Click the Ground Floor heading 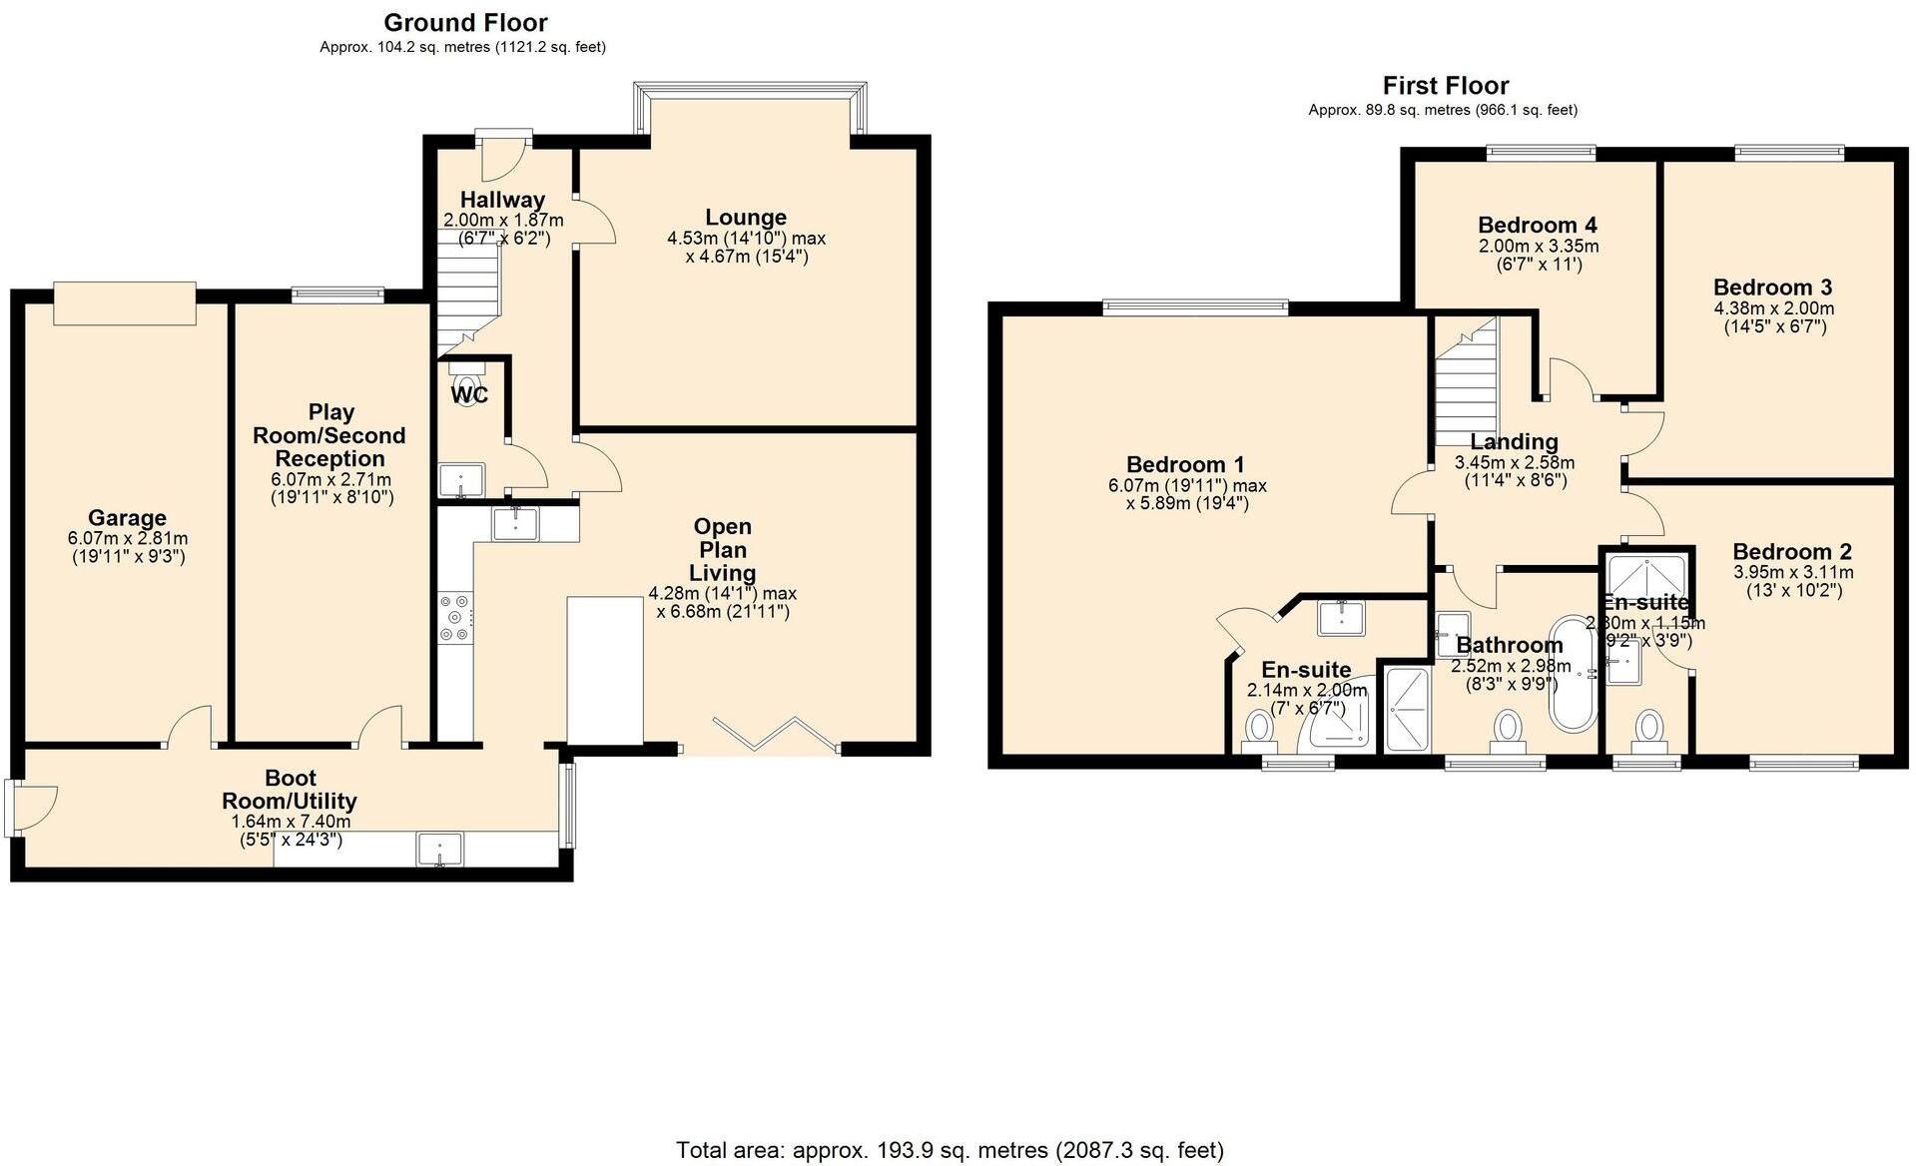tap(465, 22)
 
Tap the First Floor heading tap(1445, 86)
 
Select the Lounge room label tap(746, 218)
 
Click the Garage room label tap(127, 518)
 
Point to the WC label tap(469, 395)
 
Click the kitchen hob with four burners tap(454, 618)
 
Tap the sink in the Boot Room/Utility tap(439, 851)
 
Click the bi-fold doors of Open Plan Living tap(775, 733)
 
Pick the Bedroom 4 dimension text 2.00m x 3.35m tap(1539, 247)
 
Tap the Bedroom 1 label tap(1185, 464)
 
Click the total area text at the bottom tap(950, 1150)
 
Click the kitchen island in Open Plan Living tap(605, 670)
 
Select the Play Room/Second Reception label tap(329, 435)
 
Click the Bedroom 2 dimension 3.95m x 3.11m tap(1793, 573)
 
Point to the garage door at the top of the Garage tap(125, 303)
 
